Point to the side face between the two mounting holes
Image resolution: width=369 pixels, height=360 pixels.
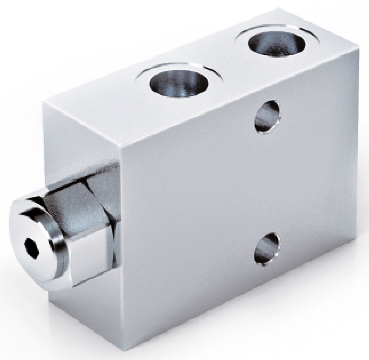tap(266, 181)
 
